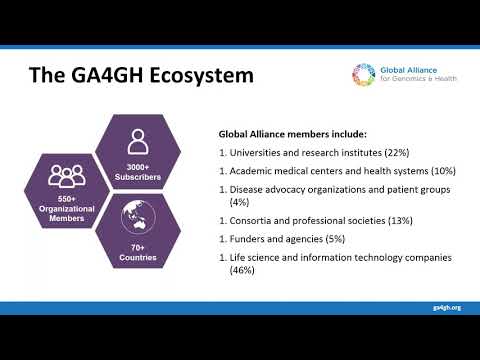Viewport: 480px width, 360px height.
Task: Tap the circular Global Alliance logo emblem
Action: tap(362, 74)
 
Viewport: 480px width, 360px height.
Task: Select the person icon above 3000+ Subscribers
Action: tap(137, 138)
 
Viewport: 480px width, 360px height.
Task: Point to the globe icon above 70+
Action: tap(137, 214)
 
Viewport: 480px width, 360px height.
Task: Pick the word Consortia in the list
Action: tap(250, 219)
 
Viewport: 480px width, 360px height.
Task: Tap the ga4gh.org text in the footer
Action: tap(448, 307)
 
